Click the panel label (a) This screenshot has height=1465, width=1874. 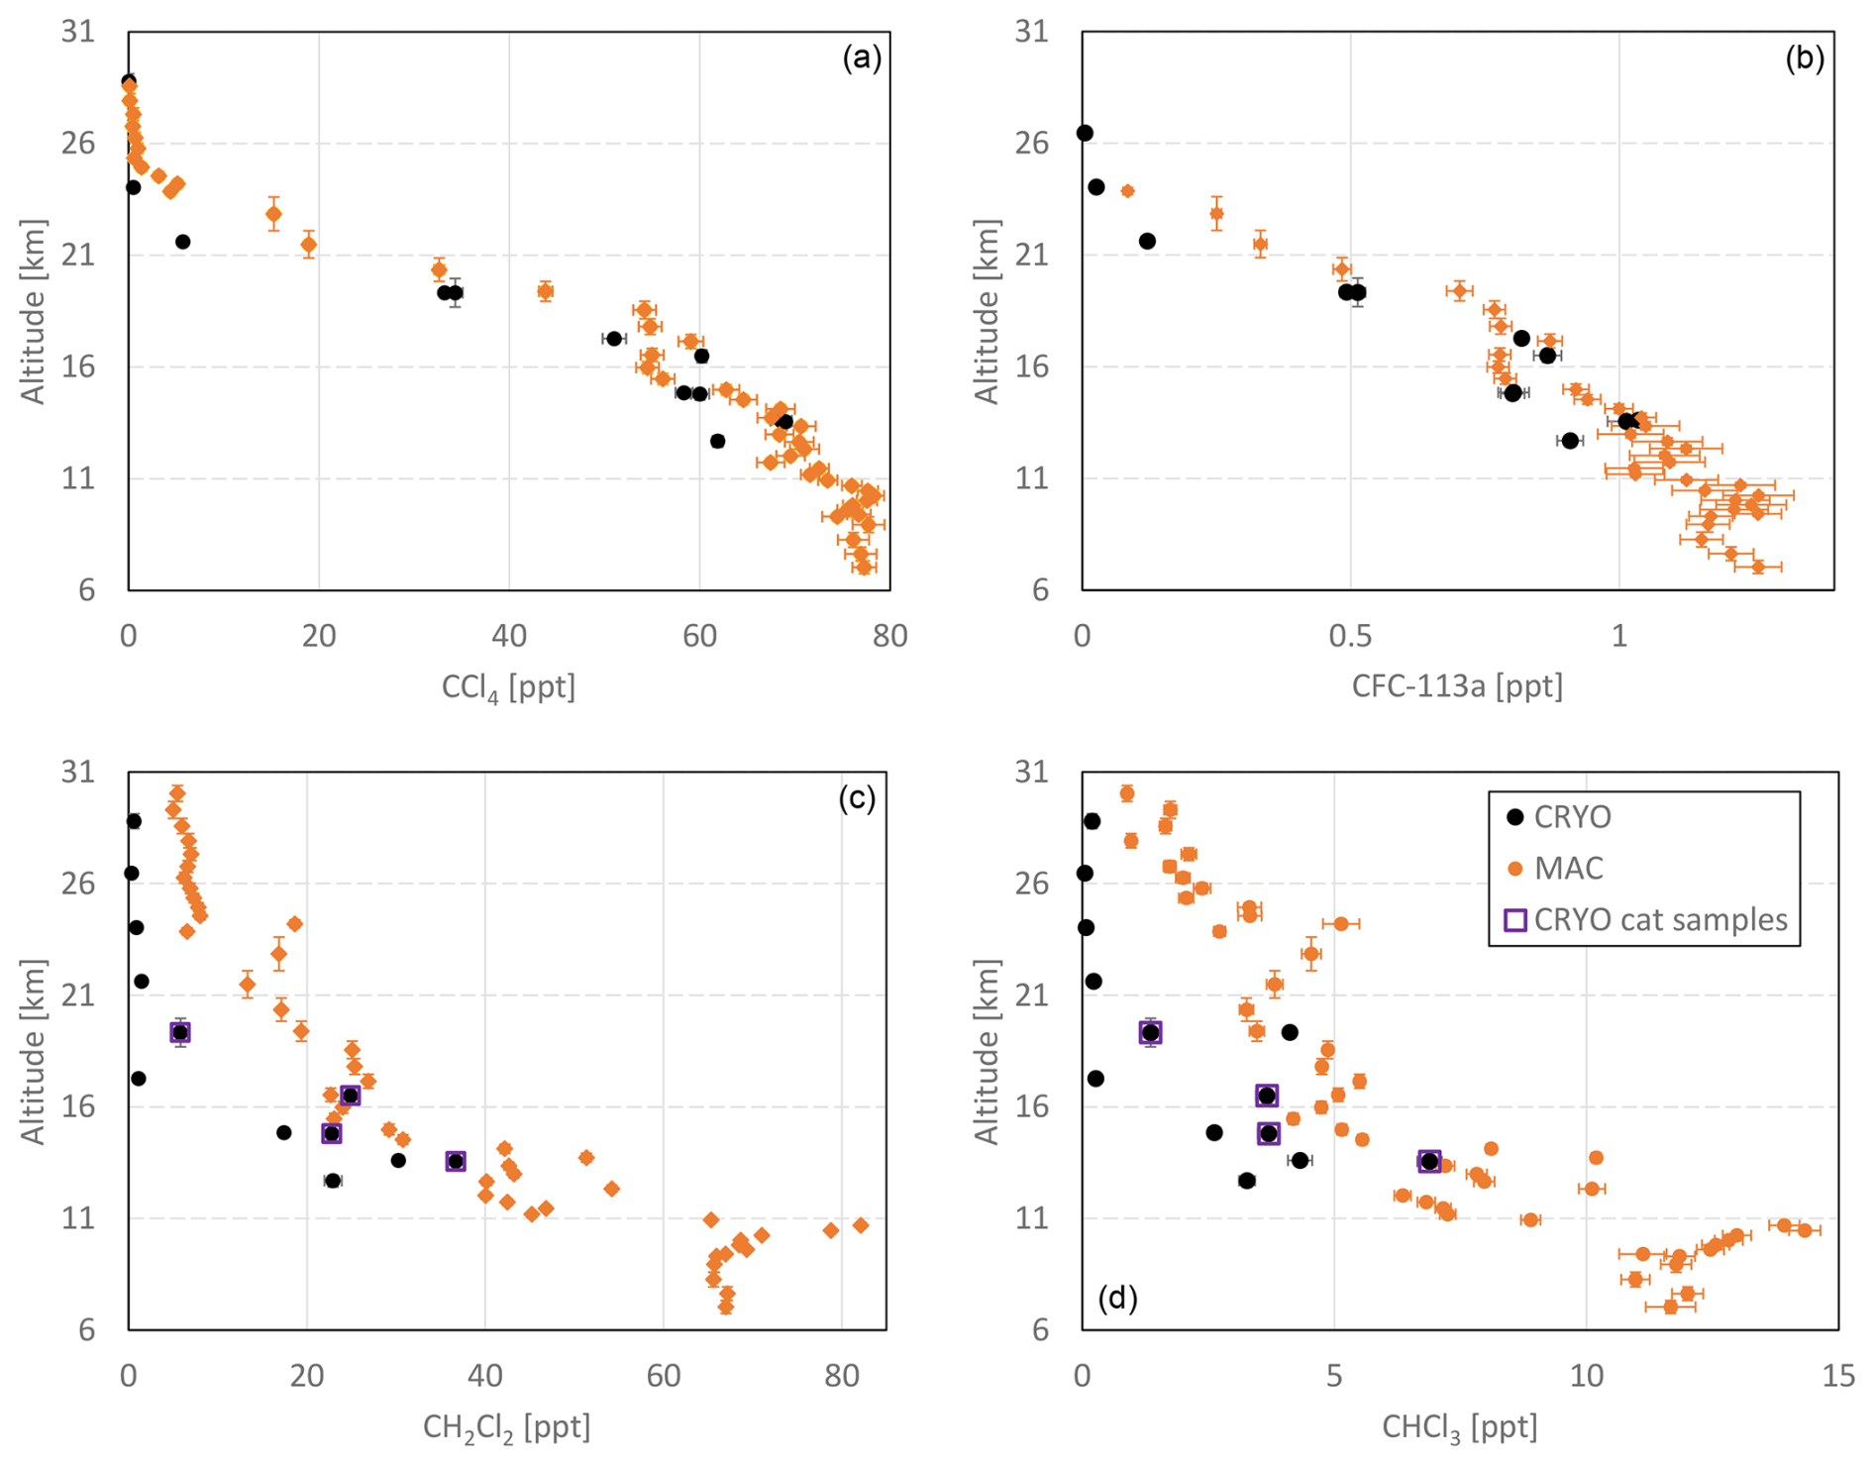pos(861,58)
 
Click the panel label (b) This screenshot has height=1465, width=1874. pos(1804,58)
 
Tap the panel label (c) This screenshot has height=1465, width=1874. pos(857,798)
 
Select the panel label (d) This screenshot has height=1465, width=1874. pos(1117,1297)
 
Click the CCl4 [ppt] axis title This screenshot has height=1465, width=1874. pos(508,686)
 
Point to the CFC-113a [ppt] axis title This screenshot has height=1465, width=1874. pos(1457,685)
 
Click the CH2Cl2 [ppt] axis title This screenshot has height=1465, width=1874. pos(506,1427)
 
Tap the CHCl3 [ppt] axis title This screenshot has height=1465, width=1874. pos(1459,1427)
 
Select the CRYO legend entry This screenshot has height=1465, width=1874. pos(1572,817)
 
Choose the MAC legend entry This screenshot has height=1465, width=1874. pos(1568,869)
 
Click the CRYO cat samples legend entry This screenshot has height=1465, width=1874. pos(1660,920)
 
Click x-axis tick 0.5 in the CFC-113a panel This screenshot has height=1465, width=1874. pos(1350,635)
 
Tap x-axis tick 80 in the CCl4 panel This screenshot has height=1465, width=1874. pos(889,635)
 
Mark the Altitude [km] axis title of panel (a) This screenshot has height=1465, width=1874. pos(34,312)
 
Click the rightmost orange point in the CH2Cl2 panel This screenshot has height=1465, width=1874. pos(861,1225)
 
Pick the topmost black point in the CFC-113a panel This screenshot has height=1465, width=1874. pos(1085,133)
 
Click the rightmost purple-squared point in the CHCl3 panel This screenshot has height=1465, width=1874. pos(1428,1161)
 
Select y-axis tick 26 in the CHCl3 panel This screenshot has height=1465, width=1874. pos(1032,883)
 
